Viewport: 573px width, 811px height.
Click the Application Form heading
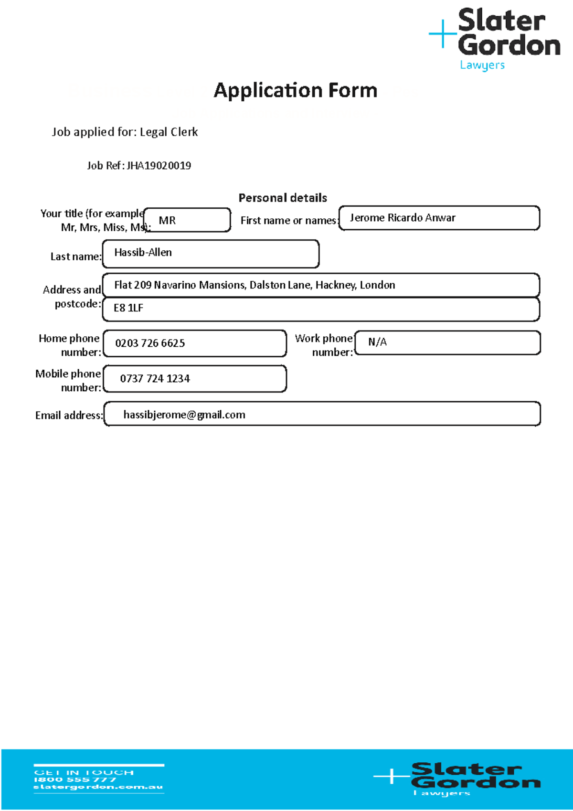coord(295,90)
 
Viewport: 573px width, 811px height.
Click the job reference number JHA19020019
coord(159,166)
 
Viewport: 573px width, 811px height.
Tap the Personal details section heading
coord(283,198)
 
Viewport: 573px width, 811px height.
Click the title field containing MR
coord(187,220)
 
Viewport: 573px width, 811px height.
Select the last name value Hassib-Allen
coord(143,253)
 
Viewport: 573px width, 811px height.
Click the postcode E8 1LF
coord(128,308)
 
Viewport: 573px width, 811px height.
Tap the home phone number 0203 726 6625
coord(150,343)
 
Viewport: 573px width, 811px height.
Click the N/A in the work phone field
coord(377,342)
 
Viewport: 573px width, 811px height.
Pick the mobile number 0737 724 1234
coord(155,379)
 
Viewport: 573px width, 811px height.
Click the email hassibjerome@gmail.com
coord(184,415)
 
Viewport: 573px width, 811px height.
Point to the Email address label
coord(69,416)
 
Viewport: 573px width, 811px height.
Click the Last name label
coord(76,257)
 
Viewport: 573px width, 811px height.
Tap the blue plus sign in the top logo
coord(443,34)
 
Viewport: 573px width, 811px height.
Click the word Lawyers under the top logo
coord(482,65)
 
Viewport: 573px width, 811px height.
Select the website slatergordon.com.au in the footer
coord(98,787)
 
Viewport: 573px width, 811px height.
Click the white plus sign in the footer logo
coord(391,776)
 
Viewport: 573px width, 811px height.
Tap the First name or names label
coord(289,221)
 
